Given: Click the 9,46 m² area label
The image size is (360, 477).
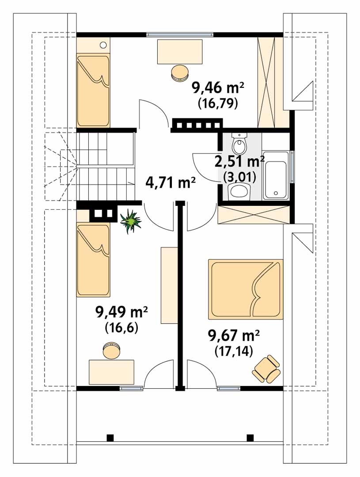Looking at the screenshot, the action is [218, 88].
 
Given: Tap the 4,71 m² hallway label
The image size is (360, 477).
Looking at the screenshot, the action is [171, 183].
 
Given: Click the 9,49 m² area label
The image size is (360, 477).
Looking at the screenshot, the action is [122, 312].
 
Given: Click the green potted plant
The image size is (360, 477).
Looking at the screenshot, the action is [131, 221].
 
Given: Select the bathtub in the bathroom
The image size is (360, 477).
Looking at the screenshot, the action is [276, 175].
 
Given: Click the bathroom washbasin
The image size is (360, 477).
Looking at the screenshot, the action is [239, 191].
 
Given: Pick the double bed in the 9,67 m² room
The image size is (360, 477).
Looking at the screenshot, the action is [245, 289].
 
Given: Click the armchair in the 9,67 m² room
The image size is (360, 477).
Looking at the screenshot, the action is [265, 368].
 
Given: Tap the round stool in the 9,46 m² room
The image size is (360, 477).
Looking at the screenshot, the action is [179, 73].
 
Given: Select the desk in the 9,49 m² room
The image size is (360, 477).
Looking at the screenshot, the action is [111, 372].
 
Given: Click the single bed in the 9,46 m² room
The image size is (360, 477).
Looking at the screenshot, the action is [93, 91].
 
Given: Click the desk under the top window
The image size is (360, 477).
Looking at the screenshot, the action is [180, 52].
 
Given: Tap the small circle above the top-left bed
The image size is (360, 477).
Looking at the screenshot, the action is [103, 45].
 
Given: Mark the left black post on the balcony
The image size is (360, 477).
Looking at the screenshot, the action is [110, 437].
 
